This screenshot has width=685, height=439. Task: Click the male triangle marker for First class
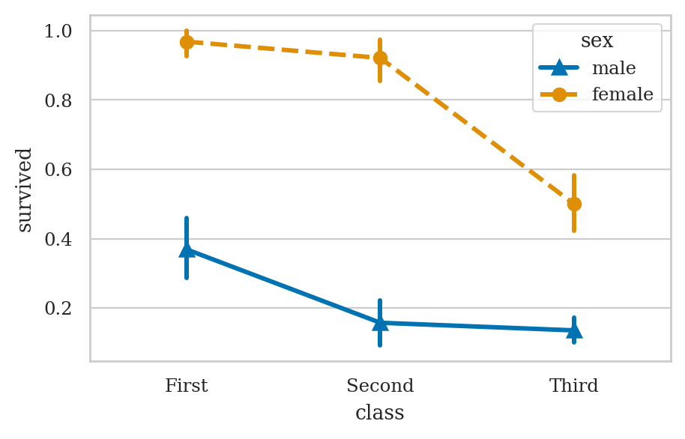(187, 249)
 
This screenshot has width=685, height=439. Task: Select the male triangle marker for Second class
(380, 323)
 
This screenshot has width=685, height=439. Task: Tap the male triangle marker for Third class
(574, 330)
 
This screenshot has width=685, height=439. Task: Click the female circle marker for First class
(187, 42)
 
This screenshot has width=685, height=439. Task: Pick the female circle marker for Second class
(380, 58)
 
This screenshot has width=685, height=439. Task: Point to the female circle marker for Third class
(574, 204)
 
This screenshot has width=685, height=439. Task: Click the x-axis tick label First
(187, 387)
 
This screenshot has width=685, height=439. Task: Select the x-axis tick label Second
(380, 387)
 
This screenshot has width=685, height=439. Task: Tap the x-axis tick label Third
(574, 387)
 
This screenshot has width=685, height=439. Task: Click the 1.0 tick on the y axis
(58, 31)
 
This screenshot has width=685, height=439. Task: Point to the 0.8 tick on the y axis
(58, 100)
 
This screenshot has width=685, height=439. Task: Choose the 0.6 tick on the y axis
(58, 170)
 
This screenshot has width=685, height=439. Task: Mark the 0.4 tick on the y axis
(58, 240)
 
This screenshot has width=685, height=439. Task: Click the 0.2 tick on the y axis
(58, 309)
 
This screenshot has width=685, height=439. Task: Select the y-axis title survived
(25, 190)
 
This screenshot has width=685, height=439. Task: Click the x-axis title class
(380, 413)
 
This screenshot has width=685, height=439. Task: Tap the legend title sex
(597, 41)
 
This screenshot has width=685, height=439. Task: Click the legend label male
(614, 69)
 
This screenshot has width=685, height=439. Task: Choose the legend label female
(623, 95)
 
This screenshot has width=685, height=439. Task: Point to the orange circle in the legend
(559, 95)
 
